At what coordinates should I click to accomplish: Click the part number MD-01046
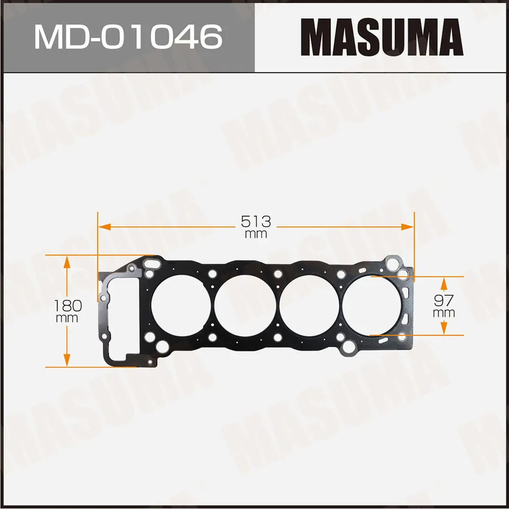click(x=128, y=37)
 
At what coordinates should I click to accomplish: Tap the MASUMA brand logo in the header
click(x=382, y=37)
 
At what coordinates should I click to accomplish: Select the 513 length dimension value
click(x=256, y=221)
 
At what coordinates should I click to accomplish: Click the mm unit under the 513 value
click(x=256, y=234)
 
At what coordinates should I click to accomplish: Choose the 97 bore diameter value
click(x=444, y=300)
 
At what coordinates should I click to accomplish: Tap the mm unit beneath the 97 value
click(x=444, y=313)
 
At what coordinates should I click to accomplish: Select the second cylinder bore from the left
click(x=245, y=305)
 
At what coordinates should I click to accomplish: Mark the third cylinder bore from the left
click(x=309, y=305)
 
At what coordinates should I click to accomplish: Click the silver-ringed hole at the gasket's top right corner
click(x=393, y=264)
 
